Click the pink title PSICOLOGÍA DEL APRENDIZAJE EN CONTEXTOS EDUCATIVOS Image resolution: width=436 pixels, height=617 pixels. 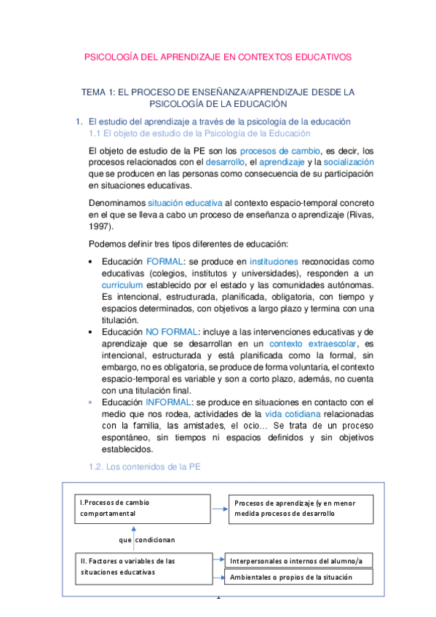click(218, 56)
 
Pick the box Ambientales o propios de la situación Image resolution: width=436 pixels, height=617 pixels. click(299, 577)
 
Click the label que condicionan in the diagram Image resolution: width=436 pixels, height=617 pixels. click(147, 540)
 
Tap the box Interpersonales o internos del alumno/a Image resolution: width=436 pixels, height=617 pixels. click(299, 560)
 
